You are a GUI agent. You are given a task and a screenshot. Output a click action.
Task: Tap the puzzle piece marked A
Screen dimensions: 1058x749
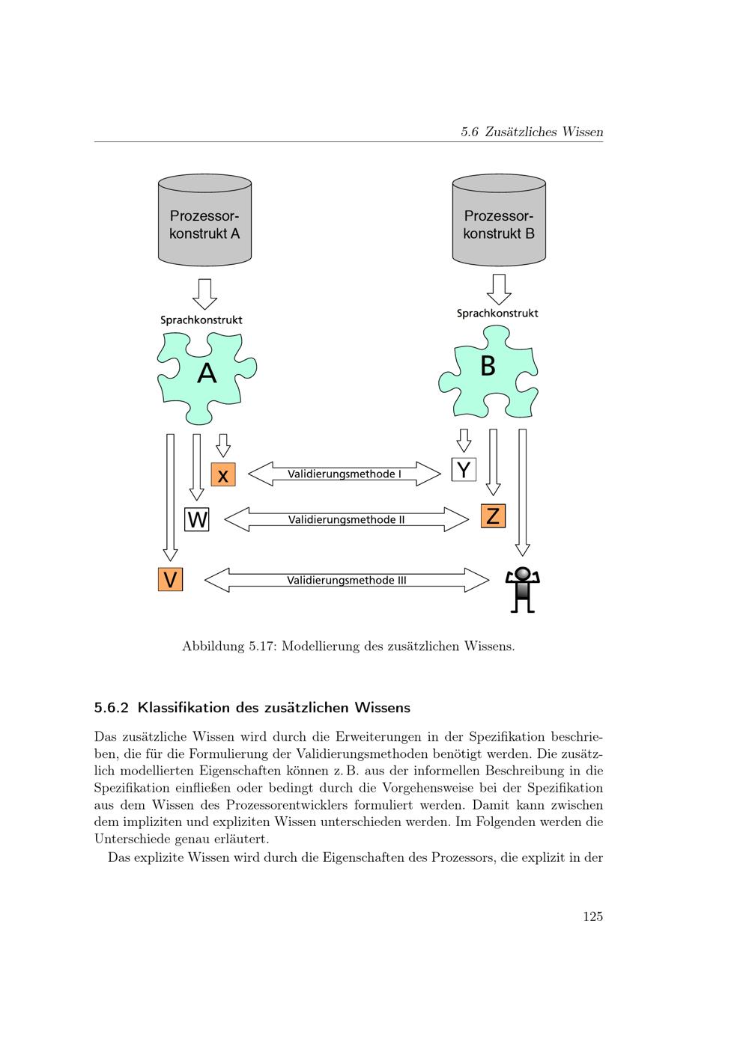pos(207,374)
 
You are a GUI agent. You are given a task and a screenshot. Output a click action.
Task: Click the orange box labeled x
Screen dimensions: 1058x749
pos(223,474)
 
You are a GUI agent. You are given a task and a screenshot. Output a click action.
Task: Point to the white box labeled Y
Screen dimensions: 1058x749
pos(464,469)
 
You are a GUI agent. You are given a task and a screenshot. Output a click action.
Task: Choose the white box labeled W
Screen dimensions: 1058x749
pos(197,519)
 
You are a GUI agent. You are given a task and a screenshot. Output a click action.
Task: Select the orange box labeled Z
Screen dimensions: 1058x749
pos(493,516)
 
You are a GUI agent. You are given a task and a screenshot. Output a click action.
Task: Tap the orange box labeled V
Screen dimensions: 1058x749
pos(171,579)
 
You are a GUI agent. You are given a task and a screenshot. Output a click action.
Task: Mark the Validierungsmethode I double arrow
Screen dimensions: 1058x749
pos(345,474)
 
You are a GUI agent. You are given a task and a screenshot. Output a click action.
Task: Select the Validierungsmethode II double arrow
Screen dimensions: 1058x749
pos(346,519)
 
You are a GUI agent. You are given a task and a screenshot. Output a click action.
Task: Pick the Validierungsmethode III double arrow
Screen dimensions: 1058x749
pos(346,580)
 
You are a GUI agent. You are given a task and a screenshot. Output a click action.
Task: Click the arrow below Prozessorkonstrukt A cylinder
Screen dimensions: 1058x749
pos(204,294)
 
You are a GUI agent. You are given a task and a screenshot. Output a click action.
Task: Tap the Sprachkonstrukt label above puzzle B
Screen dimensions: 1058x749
pos(497,314)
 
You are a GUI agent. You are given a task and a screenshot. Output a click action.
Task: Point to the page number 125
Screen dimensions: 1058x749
pos(592,917)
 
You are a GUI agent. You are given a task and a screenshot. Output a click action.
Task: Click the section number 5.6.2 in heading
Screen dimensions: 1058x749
pos(112,707)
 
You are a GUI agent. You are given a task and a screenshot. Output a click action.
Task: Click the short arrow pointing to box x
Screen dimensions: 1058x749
pos(222,445)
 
